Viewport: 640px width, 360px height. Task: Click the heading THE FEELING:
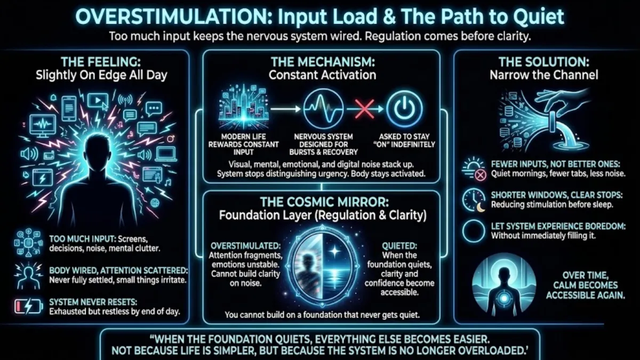101,61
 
